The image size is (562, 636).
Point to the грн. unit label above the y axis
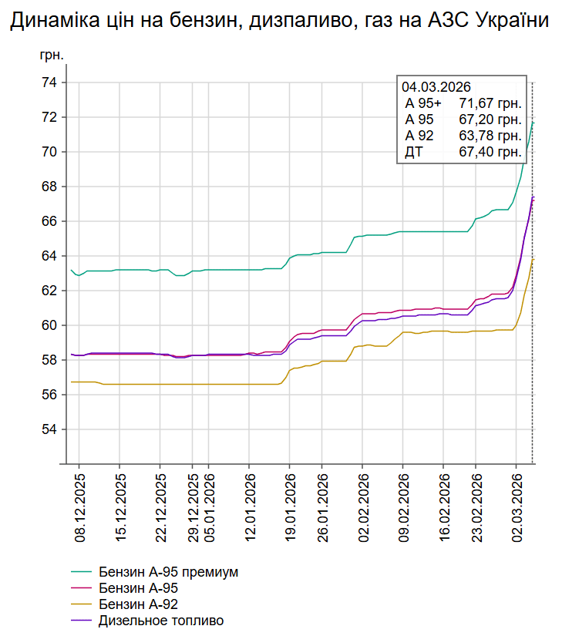click(51, 57)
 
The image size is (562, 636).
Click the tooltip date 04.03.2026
click(436, 87)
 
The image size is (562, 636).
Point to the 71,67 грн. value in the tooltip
click(490, 103)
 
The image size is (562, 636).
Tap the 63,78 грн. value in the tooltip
click(490, 136)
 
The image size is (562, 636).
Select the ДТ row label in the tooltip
click(414, 152)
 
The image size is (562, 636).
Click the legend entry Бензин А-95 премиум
click(168, 572)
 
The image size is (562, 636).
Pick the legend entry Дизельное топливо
click(161, 620)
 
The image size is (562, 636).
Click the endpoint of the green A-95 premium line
click(533, 123)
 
